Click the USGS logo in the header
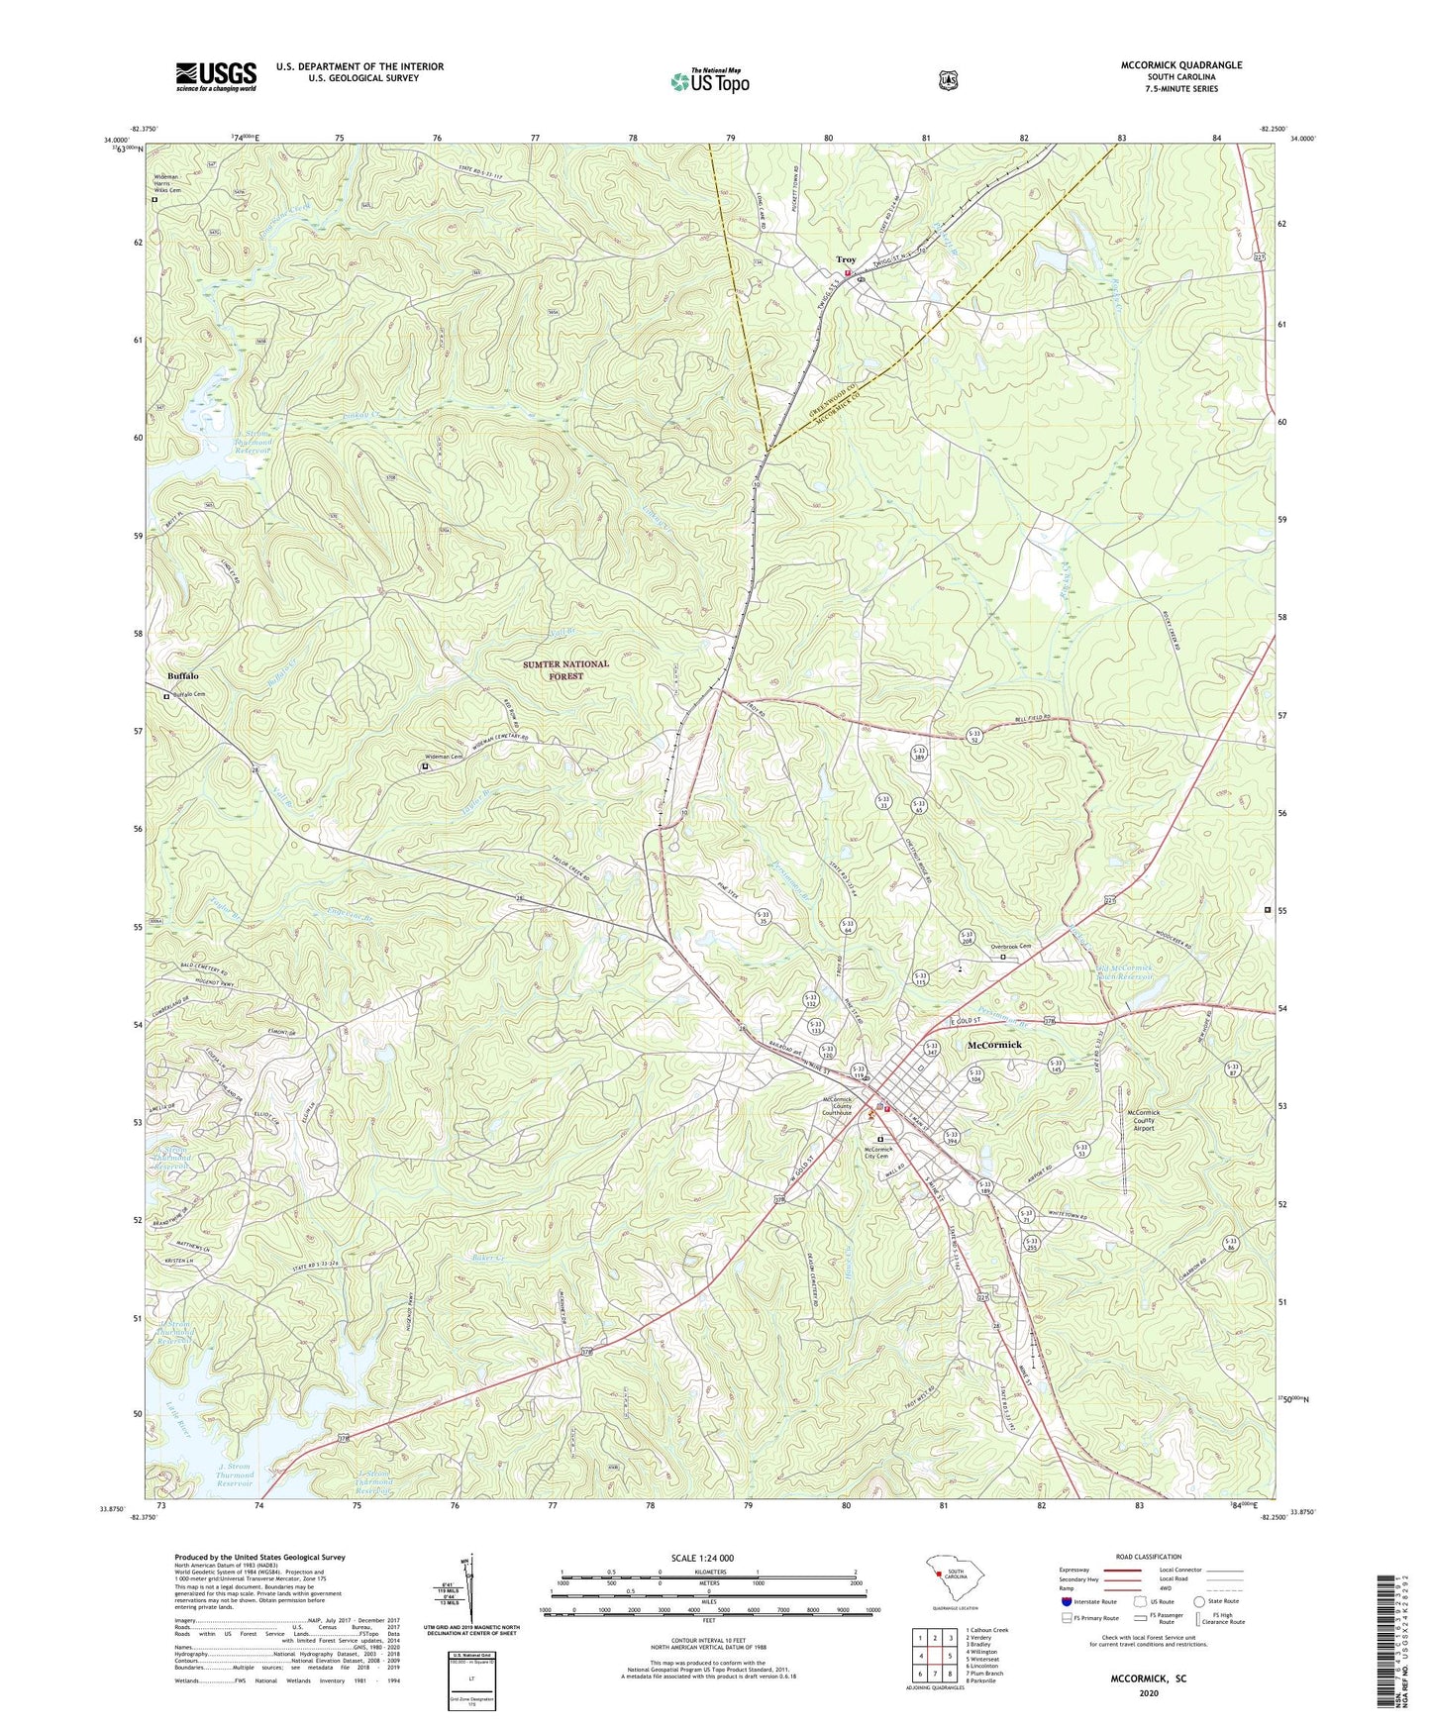pos(216,76)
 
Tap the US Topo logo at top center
pos(709,81)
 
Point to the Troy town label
pos(845,260)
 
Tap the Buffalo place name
pos(182,675)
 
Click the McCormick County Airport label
pos(1143,1119)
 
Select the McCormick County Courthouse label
pos(837,1106)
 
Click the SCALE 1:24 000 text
pos(702,1558)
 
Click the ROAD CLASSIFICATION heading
pos(1149,1557)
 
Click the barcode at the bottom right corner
pos(1392,1644)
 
